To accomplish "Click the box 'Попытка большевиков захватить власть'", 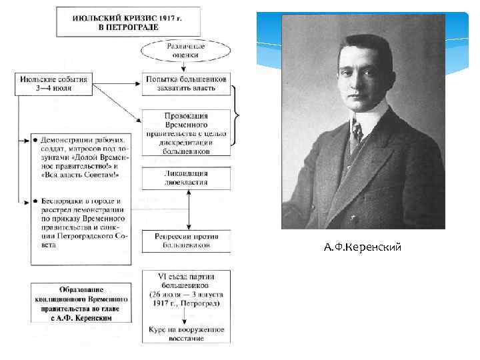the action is [x=187, y=83].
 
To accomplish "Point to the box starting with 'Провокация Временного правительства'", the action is [x=187, y=132].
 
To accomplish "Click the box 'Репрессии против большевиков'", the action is [x=187, y=241].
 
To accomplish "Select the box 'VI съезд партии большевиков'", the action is [x=187, y=290].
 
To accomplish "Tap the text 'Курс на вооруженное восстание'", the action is [x=187, y=333].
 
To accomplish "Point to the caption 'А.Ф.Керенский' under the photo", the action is [x=363, y=248].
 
